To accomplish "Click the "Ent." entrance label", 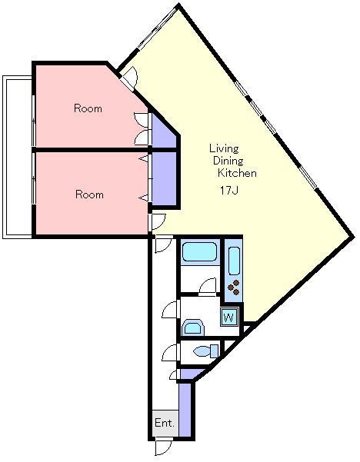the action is click(165, 423).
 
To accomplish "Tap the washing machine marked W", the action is click(229, 317).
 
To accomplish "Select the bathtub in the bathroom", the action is click(200, 252).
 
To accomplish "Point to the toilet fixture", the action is click(207, 351).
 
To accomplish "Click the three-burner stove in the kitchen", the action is click(234, 288).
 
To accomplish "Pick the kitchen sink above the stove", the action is click(234, 261).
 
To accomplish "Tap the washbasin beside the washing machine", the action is click(193, 327).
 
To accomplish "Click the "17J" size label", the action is click(228, 191).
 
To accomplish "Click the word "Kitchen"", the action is click(237, 173).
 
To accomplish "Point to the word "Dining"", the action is click(228, 161).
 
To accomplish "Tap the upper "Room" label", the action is click(88, 108).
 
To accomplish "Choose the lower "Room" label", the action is click(89, 194).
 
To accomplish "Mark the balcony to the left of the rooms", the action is click(17, 157).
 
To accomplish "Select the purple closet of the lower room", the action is click(164, 179).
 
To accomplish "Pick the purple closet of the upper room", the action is click(163, 132).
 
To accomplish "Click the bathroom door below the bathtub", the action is click(208, 286).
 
